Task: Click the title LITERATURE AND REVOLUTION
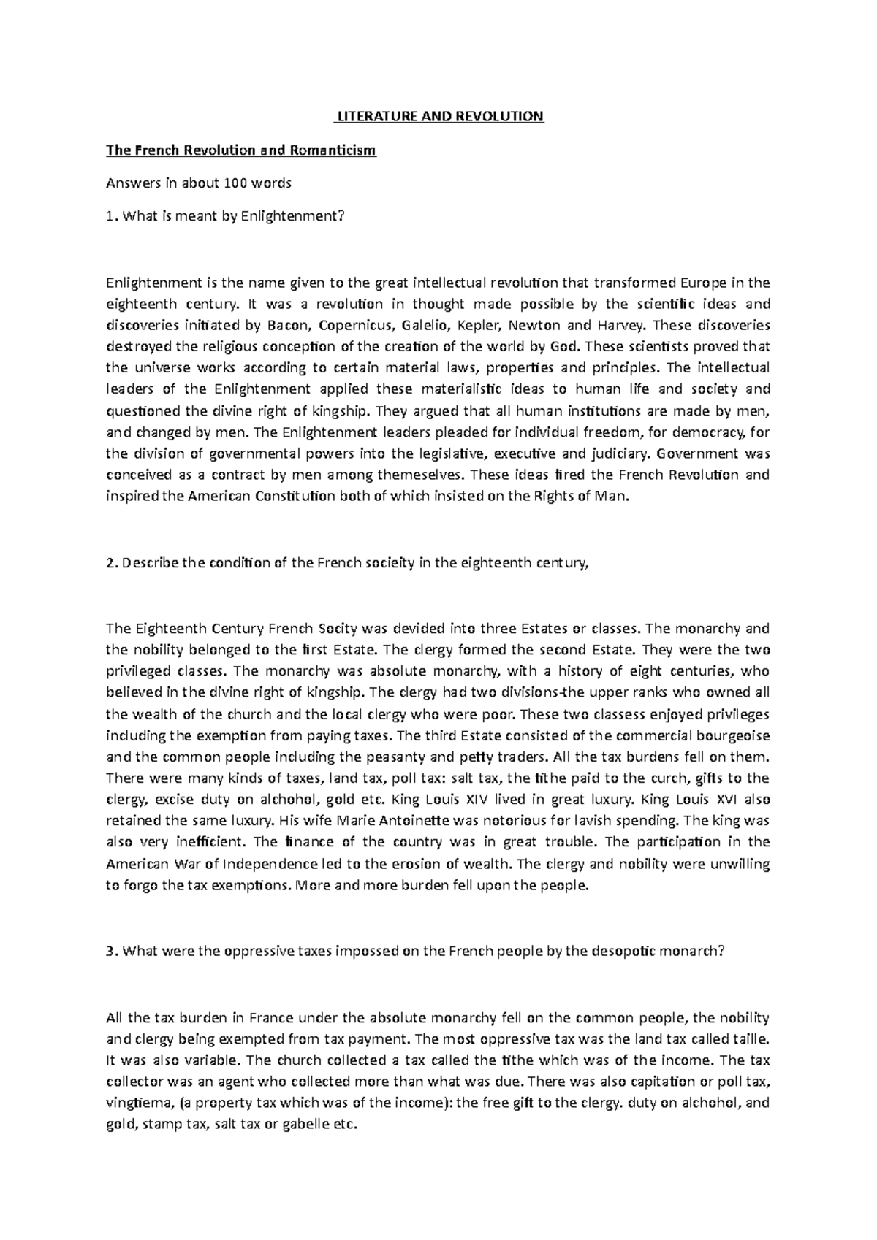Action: coord(438,116)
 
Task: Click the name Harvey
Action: coord(623,325)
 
